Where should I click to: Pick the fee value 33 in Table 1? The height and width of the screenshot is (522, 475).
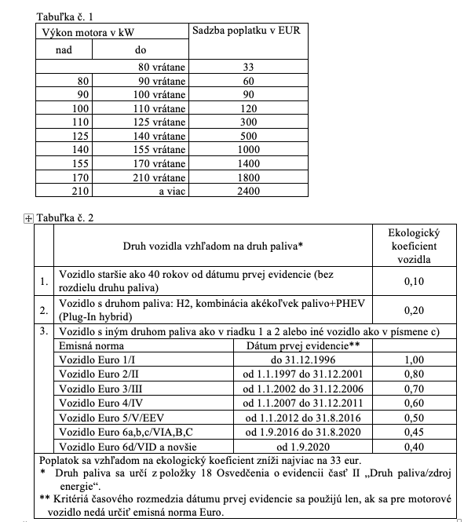click(x=247, y=68)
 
